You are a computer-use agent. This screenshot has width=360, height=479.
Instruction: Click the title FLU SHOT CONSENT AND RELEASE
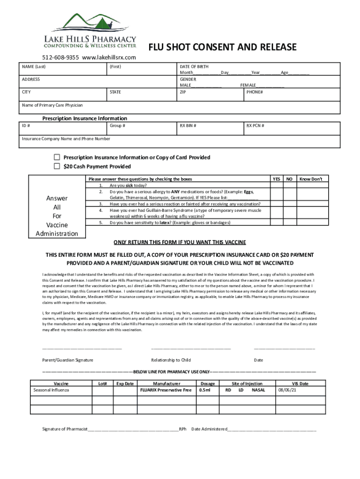tap(222, 47)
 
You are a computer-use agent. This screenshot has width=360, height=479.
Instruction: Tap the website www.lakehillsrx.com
tap(108, 58)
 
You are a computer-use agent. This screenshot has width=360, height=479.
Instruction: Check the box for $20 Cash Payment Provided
tap(57, 167)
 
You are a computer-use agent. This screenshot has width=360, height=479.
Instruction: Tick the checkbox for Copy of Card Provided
tap(57, 157)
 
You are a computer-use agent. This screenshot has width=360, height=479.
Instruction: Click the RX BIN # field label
tap(187, 126)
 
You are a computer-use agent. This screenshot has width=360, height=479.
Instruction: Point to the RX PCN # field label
tap(256, 126)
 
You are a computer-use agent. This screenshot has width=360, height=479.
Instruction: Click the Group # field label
tap(117, 126)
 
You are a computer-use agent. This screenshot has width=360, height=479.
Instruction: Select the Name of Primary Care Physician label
tap(52, 105)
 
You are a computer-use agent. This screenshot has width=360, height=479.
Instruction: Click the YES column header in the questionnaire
tap(276, 179)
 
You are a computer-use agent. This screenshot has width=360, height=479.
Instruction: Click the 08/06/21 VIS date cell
tap(287, 390)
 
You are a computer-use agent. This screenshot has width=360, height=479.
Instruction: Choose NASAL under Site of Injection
tap(258, 390)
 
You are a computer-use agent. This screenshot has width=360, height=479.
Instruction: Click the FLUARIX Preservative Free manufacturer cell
tap(166, 390)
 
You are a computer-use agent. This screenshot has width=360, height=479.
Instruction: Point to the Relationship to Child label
tap(171, 360)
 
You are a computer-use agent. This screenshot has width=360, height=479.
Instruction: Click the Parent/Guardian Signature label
tap(68, 360)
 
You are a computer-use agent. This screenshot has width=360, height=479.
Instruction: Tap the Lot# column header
tap(102, 384)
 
